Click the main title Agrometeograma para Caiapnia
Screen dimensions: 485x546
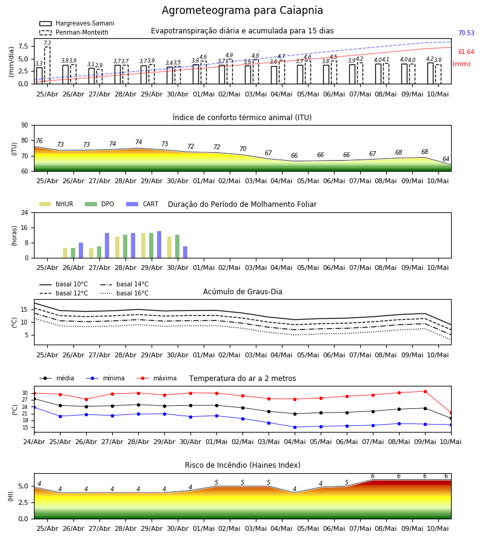(242, 10)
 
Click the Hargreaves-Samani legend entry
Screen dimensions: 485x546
(76, 23)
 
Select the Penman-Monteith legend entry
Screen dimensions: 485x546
(74, 32)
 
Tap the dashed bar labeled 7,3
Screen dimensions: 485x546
(47, 66)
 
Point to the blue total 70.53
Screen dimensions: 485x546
(466, 33)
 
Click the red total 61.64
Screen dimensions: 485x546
(466, 52)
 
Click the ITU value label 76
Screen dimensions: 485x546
(39, 141)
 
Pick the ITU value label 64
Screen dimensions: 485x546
(446, 159)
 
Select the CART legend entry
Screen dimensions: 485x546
(142, 204)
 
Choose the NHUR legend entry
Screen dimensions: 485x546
(56, 204)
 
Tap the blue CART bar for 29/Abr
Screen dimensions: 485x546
(159, 244)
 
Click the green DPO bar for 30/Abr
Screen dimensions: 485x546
(178, 246)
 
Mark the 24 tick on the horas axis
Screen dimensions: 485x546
(25, 212)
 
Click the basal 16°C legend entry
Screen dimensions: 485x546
(124, 293)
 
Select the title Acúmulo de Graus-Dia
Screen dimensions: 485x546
(242, 292)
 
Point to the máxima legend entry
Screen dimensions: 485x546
(156, 378)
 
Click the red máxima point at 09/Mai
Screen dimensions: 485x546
(425, 392)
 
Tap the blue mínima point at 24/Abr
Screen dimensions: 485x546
(34, 408)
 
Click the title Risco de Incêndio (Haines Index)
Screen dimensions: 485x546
(242, 465)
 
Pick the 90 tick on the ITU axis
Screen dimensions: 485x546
(25, 126)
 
